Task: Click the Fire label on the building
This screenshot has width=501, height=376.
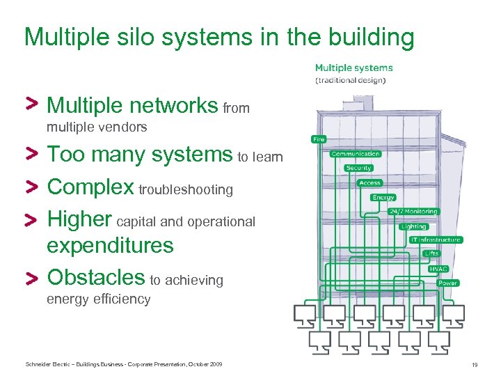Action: click(x=319, y=139)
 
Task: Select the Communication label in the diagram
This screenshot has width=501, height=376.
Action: click(x=356, y=154)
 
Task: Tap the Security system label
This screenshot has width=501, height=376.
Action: click(x=358, y=168)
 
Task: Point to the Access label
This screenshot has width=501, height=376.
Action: click(x=369, y=183)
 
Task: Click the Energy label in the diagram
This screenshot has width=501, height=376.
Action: click(x=383, y=198)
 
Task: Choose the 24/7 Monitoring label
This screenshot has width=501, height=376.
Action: click(x=413, y=212)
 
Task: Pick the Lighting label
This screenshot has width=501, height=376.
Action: click(x=413, y=226)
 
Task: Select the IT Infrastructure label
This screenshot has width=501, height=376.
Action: click(x=436, y=240)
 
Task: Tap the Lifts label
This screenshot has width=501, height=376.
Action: click(x=431, y=254)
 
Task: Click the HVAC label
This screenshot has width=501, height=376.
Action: click(x=438, y=269)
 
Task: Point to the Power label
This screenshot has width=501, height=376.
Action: click(x=447, y=283)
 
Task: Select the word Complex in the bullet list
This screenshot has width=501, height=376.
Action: click(x=90, y=187)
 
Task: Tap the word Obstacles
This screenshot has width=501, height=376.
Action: click(x=95, y=277)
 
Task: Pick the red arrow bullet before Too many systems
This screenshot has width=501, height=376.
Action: click(x=31, y=154)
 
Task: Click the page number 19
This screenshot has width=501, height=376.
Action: click(x=475, y=365)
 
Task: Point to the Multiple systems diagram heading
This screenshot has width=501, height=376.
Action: click(x=353, y=68)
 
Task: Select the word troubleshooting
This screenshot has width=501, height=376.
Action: click(x=186, y=189)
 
